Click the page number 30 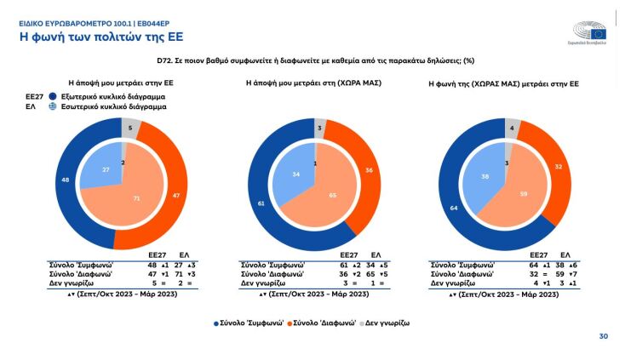point(603,336)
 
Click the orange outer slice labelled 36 point(369,169)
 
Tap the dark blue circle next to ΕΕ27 point(52,97)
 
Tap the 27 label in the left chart point(106,169)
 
